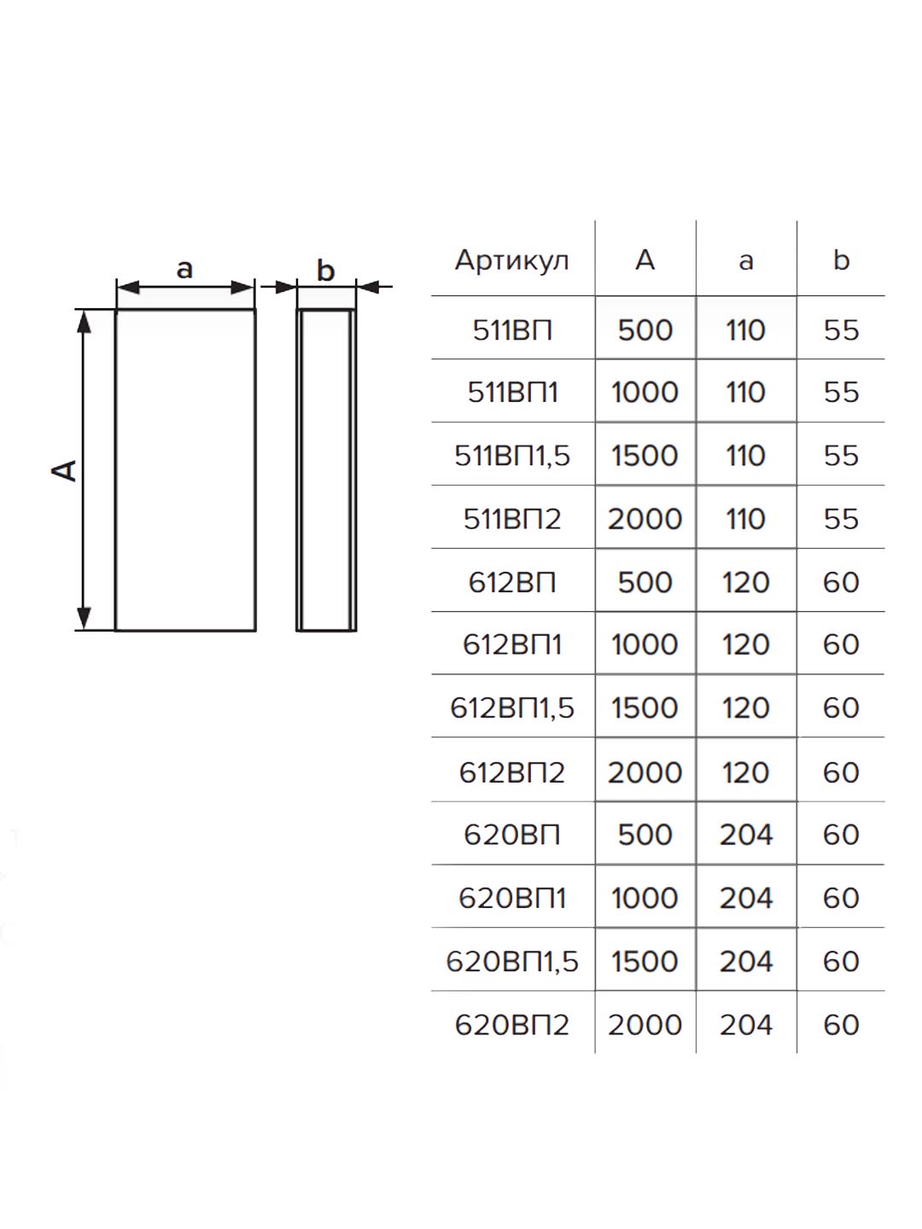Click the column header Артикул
pos(511,261)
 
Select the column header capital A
pos(645,260)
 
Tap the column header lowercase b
pos(842,259)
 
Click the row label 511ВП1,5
pos(512,456)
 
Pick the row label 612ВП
pos(512,582)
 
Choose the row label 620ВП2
pos(512,1026)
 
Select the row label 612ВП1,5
pos(512,708)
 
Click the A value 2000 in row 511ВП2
pos(645,519)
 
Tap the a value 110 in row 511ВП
pos(745,330)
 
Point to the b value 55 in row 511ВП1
pos(842,393)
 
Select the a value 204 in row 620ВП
pos(745,836)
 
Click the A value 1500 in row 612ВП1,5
pos(645,708)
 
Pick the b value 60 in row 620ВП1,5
pos(842,962)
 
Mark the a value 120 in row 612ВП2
pos(745,772)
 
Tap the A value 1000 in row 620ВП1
pos(645,899)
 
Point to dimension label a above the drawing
pos(184,270)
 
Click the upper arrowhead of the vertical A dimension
pos(84,322)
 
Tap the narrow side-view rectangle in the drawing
pos(298,470)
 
